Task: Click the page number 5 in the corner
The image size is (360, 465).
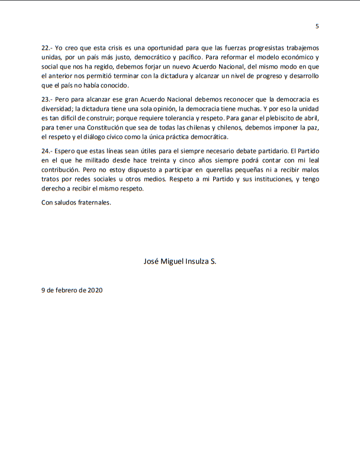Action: click(317, 26)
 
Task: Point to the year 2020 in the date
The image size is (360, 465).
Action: click(94, 290)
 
